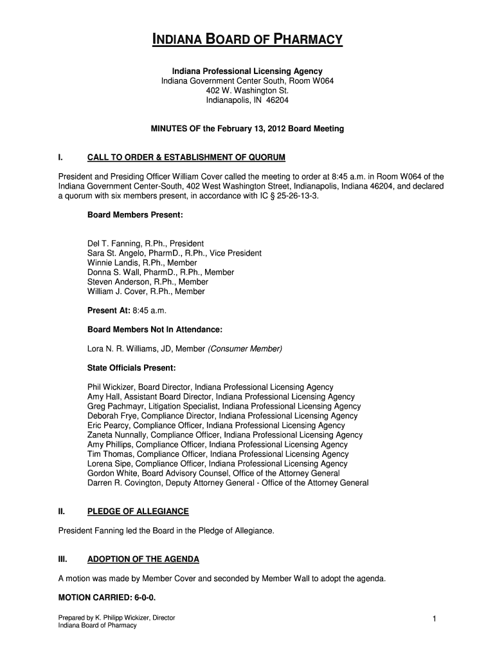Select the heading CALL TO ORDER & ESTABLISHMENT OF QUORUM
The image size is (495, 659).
186,158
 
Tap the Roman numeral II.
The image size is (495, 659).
61,512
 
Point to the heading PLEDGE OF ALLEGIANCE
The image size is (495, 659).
138,512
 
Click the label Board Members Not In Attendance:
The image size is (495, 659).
154,329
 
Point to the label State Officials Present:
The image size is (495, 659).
131,368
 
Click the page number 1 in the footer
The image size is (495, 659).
435,619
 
